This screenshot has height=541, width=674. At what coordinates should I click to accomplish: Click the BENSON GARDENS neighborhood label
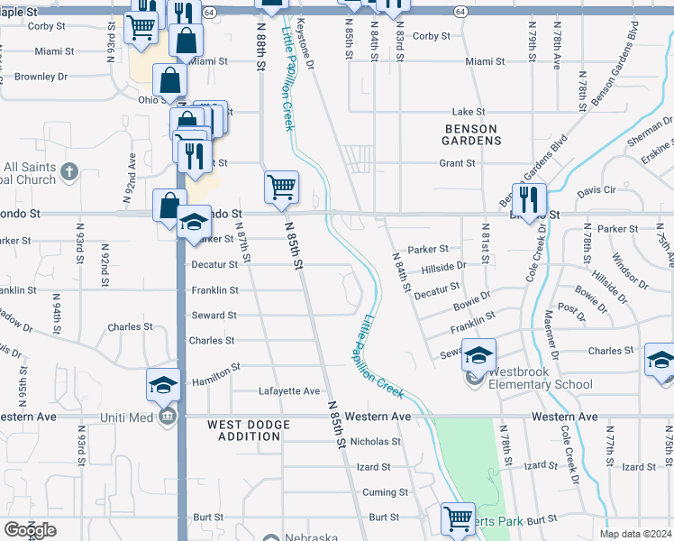tap(472, 134)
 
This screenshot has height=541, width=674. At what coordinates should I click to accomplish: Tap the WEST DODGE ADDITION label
tap(249, 430)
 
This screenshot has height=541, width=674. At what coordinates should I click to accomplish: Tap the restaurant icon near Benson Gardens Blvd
tap(529, 197)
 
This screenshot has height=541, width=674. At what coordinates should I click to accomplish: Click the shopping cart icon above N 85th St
tap(281, 188)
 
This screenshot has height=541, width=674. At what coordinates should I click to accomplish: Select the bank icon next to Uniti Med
tap(168, 417)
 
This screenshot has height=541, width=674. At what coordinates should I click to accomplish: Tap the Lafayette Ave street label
tap(290, 391)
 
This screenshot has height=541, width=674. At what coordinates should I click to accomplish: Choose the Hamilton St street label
tap(216, 368)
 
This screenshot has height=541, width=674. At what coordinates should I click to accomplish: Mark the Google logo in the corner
tap(30, 530)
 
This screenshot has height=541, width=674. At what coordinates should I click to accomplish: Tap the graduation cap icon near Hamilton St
tap(164, 385)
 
